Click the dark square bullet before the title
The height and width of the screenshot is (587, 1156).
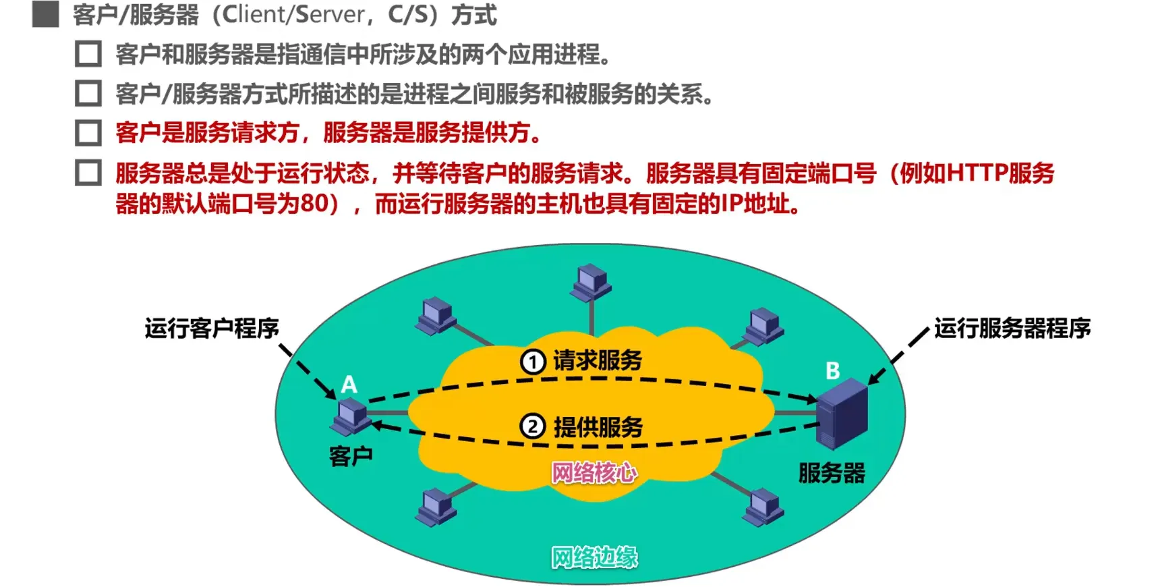45,15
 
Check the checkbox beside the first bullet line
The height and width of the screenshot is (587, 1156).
88,54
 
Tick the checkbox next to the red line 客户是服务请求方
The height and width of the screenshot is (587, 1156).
88,133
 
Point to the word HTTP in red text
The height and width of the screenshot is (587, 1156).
977,173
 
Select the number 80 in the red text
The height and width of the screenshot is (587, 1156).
314,203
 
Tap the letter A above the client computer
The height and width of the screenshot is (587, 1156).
349,385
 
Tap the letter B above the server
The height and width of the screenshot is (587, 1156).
833,370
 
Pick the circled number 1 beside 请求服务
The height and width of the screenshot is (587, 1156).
533,362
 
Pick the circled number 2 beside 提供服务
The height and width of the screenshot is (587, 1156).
533,427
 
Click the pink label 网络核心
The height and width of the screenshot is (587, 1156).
594,473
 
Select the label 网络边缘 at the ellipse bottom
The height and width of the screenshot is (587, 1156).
594,557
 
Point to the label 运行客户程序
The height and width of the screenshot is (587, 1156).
211,329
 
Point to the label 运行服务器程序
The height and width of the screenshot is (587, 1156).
1012,329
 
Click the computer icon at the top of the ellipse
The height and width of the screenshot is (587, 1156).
591,283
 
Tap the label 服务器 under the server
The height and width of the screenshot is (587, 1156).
832,473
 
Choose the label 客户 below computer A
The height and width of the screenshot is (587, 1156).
351,457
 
